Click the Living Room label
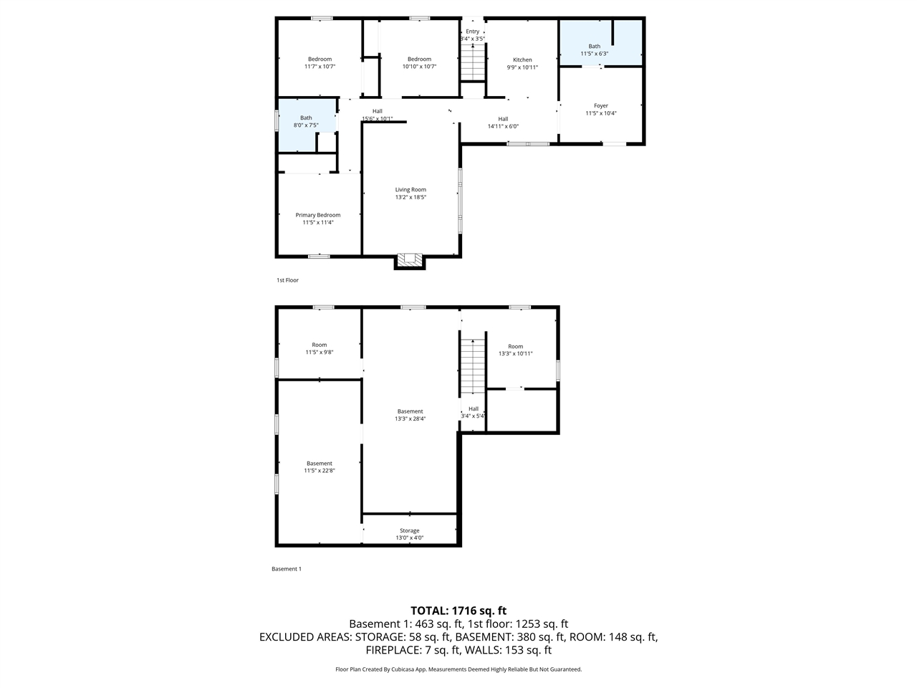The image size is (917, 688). click(411, 190)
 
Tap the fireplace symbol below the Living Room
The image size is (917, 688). click(410, 261)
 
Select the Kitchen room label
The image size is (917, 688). click(522, 60)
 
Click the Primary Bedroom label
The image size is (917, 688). click(318, 215)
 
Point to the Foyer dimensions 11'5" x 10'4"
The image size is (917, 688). click(600, 113)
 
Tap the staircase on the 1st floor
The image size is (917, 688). click(472, 62)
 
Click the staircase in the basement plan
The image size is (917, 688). click(472, 365)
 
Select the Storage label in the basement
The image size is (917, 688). click(410, 531)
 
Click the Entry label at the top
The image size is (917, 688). click(473, 32)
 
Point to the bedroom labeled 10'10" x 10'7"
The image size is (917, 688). click(419, 63)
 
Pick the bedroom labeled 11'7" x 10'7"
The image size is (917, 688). click(320, 63)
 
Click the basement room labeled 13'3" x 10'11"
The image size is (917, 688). click(516, 350)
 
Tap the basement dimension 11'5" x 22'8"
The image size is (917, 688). click(320, 471)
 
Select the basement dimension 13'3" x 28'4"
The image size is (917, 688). click(410, 419)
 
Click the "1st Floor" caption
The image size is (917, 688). click(287, 280)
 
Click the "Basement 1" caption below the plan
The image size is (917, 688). click(287, 569)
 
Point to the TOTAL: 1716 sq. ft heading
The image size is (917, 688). click(458, 611)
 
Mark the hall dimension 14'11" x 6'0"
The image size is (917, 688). click(503, 126)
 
